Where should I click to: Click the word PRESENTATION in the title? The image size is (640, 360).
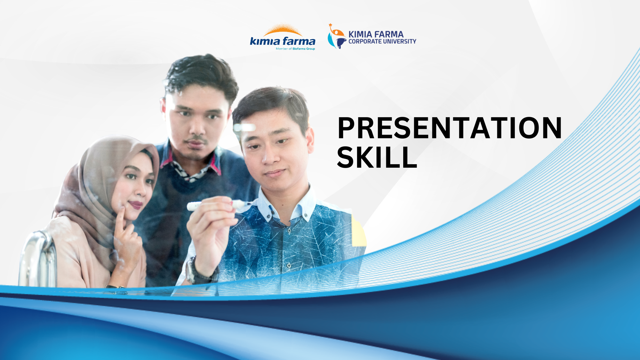(449, 128)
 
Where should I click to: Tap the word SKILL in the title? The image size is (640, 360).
(377, 157)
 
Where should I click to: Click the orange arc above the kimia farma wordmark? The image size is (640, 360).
(283, 31)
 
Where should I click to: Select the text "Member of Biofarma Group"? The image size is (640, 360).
(295, 49)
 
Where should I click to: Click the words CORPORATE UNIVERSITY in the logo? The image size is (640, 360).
(382, 42)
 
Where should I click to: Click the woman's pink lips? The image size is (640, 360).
(136, 204)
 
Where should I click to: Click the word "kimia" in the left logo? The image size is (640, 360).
(265, 41)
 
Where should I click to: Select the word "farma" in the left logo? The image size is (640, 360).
(299, 41)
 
